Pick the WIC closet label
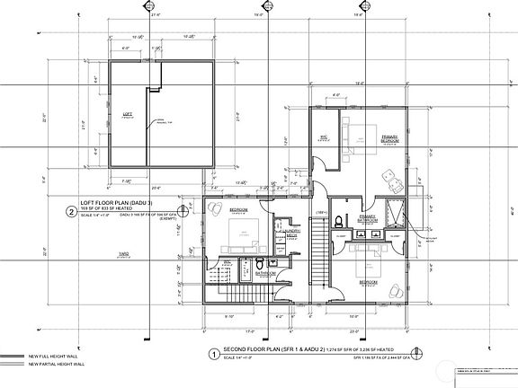(x=323, y=137)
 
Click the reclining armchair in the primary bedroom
(x=392, y=178)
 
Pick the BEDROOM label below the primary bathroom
(x=369, y=281)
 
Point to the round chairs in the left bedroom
(x=217, y=207)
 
